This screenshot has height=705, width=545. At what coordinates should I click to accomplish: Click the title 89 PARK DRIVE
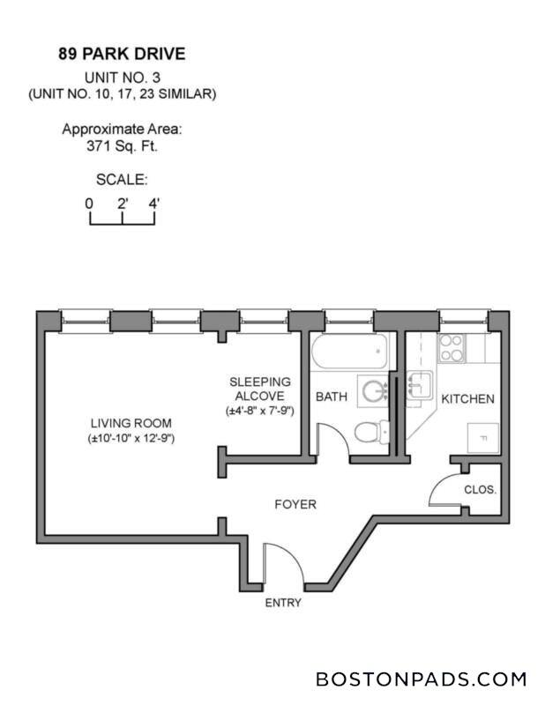click(122, 55)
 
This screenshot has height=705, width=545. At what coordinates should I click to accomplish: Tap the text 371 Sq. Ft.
click(122, 145)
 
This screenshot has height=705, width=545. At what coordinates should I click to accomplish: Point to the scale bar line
click(122, 219)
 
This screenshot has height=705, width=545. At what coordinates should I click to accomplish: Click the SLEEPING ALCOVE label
click(261, 389)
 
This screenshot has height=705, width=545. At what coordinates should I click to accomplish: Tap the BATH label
click(332, 397)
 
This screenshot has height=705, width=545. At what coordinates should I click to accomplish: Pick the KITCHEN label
click(467, 399)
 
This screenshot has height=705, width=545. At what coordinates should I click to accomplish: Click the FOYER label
click(295, 505)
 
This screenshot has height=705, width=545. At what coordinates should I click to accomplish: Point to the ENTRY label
click(283, 604)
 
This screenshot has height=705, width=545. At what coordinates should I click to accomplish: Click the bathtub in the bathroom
click(348, 355)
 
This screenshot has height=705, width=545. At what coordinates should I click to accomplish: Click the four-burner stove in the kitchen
click(452, 349)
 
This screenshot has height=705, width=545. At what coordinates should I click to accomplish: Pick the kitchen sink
click(419, 385)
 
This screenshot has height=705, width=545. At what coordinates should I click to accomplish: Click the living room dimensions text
click(130, 438)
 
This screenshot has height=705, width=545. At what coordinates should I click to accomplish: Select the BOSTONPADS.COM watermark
click(421, 679)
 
